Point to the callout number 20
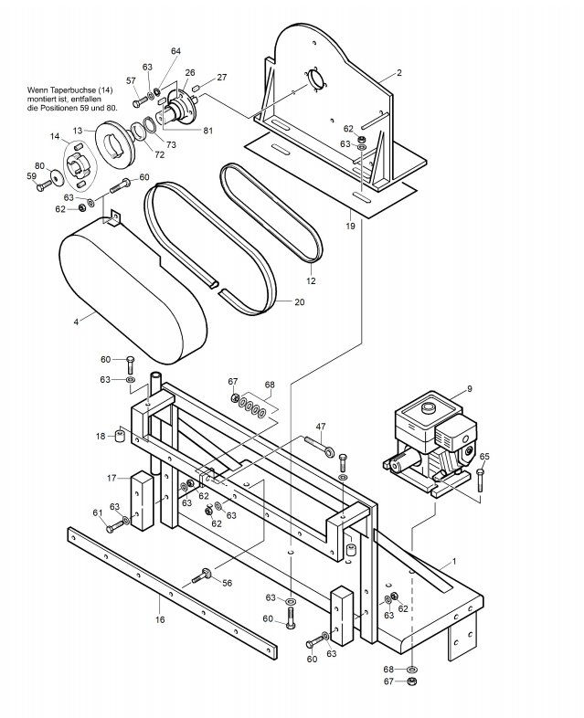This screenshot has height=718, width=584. point(299,302)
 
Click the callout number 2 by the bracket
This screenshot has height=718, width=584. point(399,73)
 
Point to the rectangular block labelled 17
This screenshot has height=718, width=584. point(142,502)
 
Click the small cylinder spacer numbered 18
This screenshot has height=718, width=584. point(120,435)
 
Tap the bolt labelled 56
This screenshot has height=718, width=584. point(201,575)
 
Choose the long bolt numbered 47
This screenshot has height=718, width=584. point(319,446)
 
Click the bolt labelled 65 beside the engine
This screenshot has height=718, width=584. point(480,480)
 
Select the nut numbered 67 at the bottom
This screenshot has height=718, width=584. point(412,681)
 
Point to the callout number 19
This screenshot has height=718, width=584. point(350,226)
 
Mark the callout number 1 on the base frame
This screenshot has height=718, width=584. point(454,561)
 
